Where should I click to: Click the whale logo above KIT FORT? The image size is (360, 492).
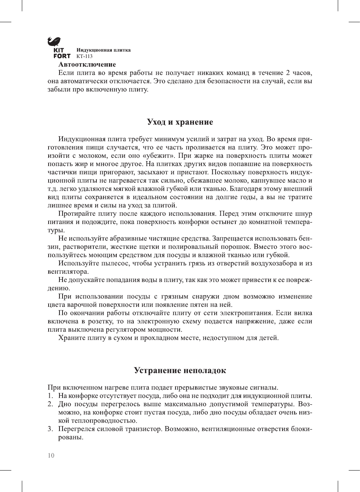click(55, 41)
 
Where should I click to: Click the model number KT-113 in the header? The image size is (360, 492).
click(84, 56)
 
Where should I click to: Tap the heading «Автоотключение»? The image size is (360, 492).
click(87, 64)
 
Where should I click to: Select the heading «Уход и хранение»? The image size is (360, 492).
click(180, 122)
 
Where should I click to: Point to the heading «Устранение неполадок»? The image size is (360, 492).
click(180, 370)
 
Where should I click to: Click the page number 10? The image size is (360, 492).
click(51, 455)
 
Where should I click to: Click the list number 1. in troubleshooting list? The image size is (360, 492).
click(50, 396)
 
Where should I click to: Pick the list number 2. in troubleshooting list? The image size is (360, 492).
click(50, 404)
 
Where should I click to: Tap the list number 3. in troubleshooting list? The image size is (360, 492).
click(50, 429)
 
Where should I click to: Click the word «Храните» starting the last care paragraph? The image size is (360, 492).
click(72, 338)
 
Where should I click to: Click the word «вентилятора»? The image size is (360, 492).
click(68, 272)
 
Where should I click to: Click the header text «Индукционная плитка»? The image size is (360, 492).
click(104, 50)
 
